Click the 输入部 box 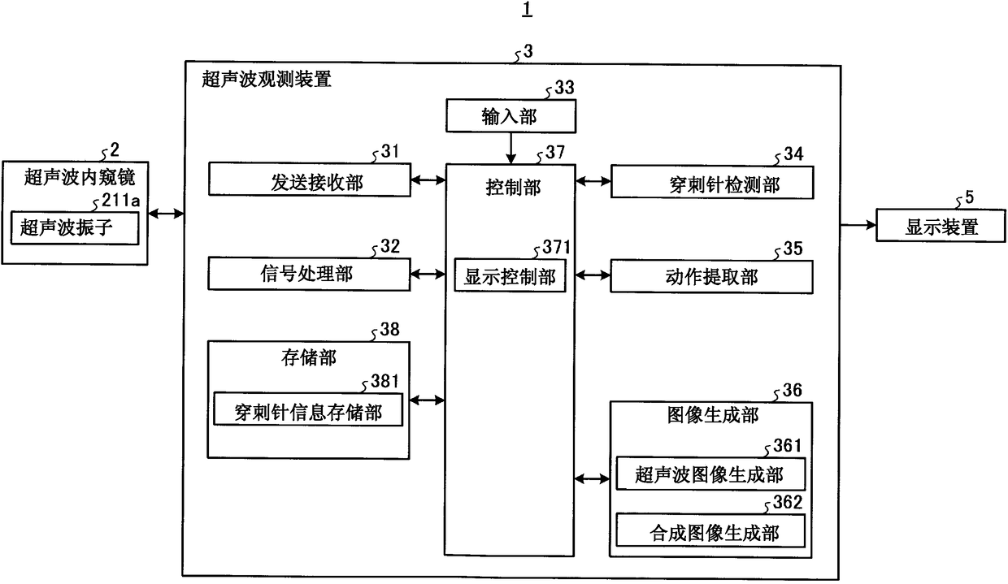coord(511,116)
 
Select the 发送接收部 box coord(310,180)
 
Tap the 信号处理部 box coord(309,274)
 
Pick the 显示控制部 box coord(510,275)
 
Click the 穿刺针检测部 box coord(712,182)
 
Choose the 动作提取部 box coord(711,276)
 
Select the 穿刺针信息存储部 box coord(308,409)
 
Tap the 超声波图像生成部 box coord(710,474)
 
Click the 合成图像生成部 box coord(710,530)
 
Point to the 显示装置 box coord(941,225)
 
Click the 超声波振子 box coord(75,228)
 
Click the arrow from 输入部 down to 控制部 coord(511,149)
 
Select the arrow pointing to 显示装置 coord(858,225)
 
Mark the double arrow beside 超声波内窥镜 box coord(166,214)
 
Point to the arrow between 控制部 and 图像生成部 coord(592,479)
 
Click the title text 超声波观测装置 coord(267,79)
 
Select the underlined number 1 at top coord(528,9)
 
